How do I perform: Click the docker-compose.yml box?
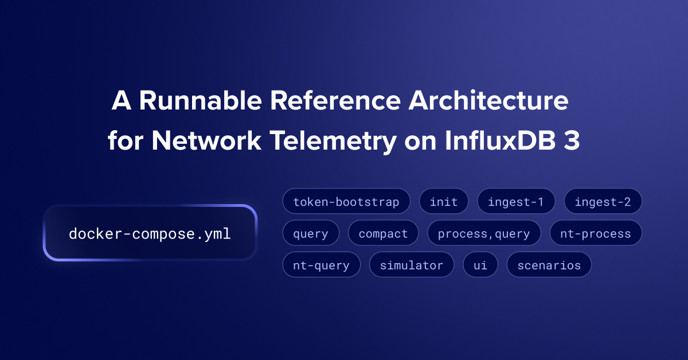tap(150, 233)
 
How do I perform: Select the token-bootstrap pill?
tap(346, 201)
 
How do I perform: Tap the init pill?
tap(444, 201)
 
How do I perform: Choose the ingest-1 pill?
tap(516, 201)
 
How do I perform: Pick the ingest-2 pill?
tap(603, 201)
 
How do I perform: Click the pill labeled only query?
tap(311, 233)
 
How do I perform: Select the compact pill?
tap(383, 233)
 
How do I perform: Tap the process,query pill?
tap(484, 233)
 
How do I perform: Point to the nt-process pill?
tap(596, 233)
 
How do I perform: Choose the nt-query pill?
tap(321, 264)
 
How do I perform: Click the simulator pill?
tap(412, 264)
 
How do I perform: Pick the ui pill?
tap(480, 264)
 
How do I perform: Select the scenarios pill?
tap(549, 264)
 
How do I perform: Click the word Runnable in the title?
tap(201, 100)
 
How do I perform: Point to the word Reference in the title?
tap(335, 100)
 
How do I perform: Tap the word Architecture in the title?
tap(488, 100)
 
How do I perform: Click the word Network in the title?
tap(206, 140)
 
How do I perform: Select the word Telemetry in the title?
tap(333, 142)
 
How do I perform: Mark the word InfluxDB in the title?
tap(501, 140)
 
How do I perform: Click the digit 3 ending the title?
tap(572, 140)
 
